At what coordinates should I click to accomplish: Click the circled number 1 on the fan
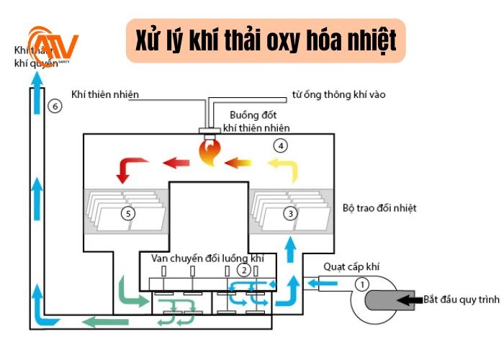click(363, 284)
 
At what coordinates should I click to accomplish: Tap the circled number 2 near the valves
click(245, 270)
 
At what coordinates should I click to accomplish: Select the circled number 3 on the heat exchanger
click(289, 213)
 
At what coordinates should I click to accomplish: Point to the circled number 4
click(281, 145)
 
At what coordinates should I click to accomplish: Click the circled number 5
click(128, 213)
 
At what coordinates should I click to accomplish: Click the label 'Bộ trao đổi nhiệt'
click(379, 208)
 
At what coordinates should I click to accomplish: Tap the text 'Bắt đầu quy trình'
click(461, 298)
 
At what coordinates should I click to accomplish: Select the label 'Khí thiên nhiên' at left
click(104, 94)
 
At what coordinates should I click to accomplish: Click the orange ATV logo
click(52, 46)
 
